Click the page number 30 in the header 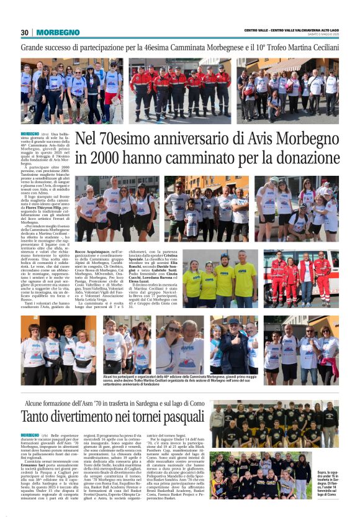(x=25, y=32)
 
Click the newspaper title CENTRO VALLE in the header (x=258, y=30)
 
